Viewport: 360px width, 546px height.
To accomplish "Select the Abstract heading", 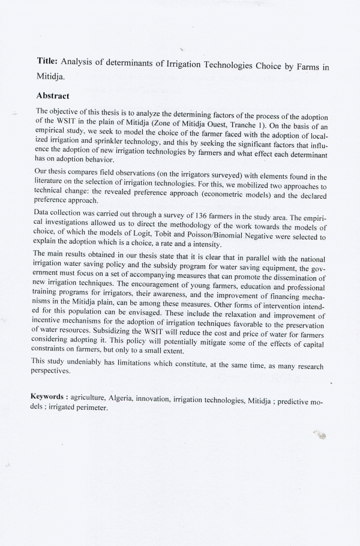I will [x=53, y=95].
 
